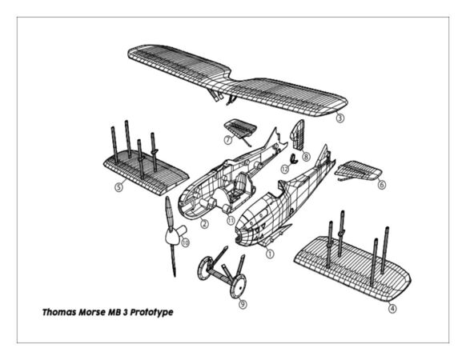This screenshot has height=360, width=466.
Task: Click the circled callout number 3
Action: pyautogui.click(x=340, y=118)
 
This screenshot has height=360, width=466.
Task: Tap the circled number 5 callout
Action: pyautogui.click(x=119, y=188)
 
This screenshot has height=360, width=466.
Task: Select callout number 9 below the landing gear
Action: pyautogui.click(x=243, y=304)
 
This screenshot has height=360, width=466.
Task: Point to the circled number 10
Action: pyautogui.click(x=185, y=242)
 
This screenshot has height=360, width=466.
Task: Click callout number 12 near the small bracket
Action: pyautogui.click(x=284, y=169)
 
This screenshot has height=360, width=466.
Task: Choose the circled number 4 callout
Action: pyautogui.click(x=392, y=307)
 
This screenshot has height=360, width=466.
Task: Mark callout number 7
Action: pyautogui.click(x=228, y=139)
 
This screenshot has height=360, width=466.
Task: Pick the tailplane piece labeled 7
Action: pyautogui.click(x=239, y=126)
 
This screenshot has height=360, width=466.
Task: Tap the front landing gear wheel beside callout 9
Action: pyautogui.click(x=235, y=286)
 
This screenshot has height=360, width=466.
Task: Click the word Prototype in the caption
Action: pyautogui.click(x=148, y=311)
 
